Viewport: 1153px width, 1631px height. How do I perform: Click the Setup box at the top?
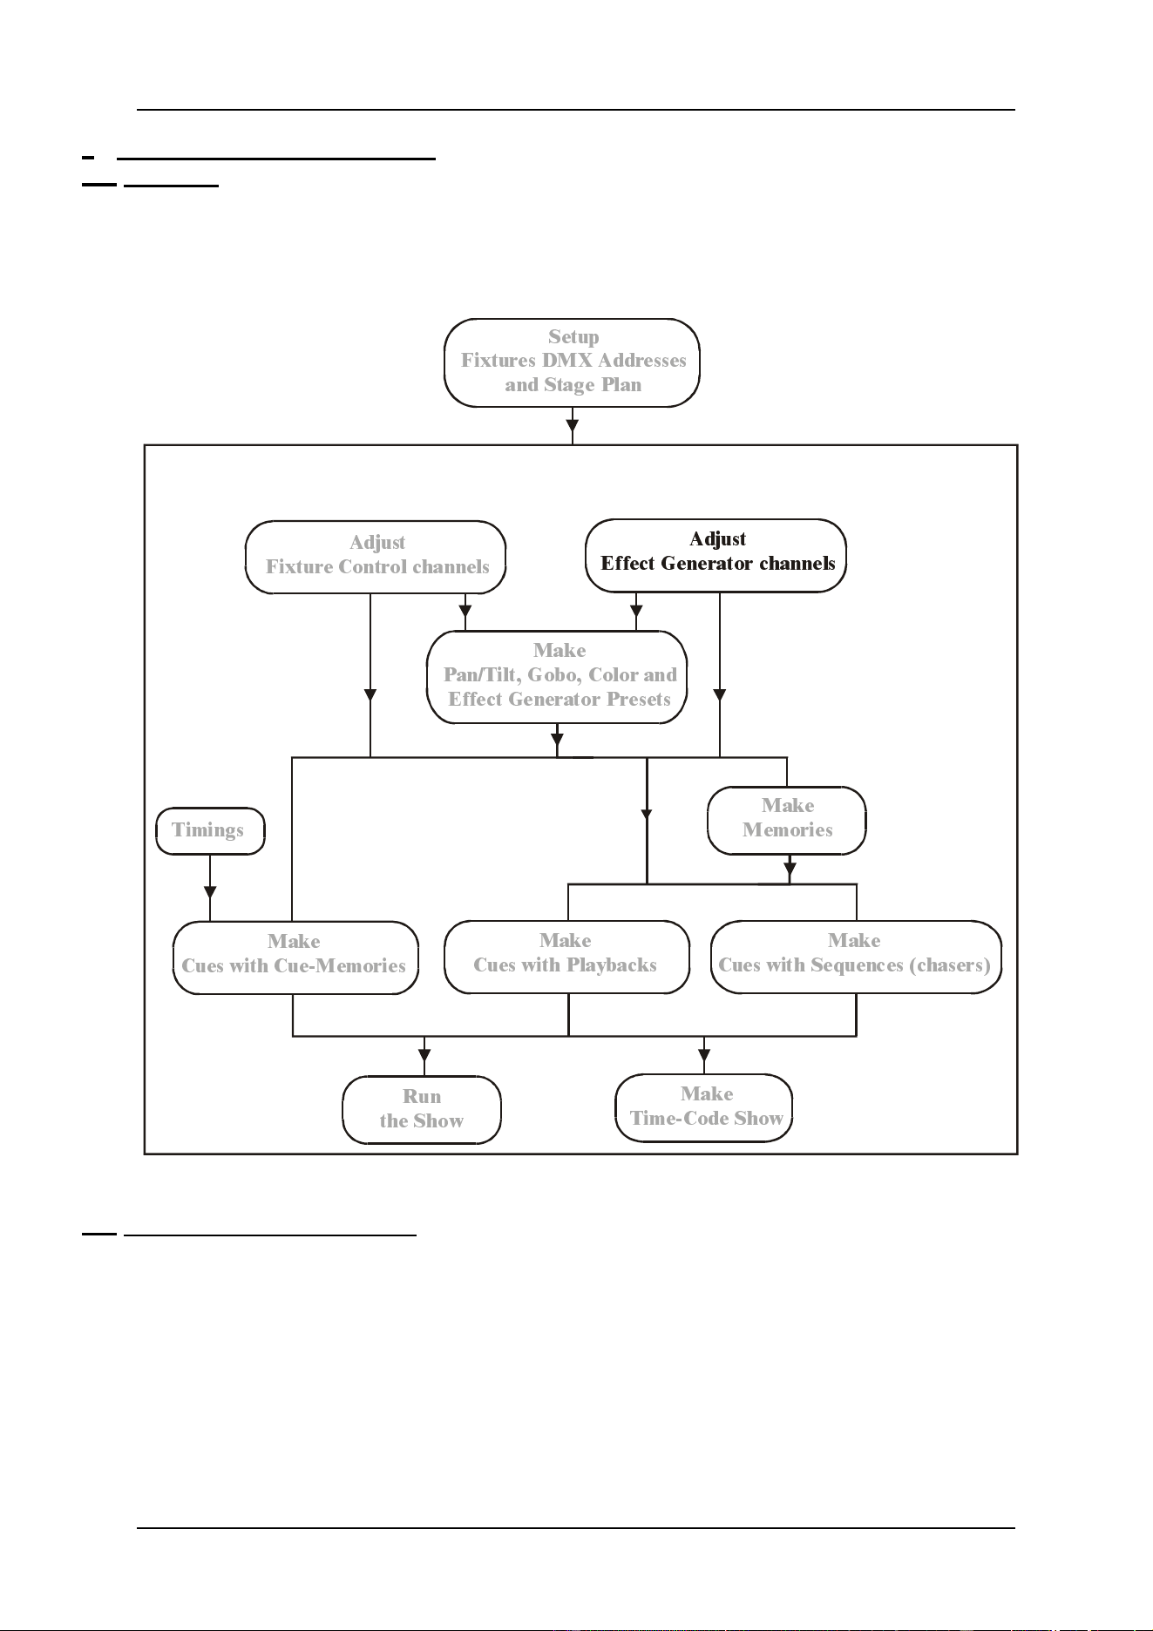(572, 362)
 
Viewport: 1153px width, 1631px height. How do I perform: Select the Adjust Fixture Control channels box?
(376, 557)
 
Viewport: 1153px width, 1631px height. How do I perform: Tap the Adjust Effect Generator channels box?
(716, 555)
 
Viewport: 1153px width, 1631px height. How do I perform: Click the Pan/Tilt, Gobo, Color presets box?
(557, 677)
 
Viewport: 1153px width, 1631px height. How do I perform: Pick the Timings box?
(210, 830)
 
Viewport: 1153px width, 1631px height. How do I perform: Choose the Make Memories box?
(787, 820)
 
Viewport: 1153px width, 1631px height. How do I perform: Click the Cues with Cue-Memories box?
(295, 958)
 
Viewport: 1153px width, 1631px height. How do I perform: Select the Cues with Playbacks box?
(567, 957)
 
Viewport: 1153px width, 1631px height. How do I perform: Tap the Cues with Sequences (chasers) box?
(856, 957)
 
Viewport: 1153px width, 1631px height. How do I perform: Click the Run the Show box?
(422, 1109)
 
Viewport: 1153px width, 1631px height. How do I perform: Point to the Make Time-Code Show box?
(704, 1107)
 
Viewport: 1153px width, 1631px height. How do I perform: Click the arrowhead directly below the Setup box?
(573, 427)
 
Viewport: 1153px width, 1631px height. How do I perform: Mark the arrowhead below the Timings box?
(210, 892)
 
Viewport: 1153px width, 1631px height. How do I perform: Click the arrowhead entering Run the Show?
(424, 1044)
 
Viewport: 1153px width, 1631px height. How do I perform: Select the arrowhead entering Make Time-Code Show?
(704, 1043)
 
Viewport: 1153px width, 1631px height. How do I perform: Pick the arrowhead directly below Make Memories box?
(790, 869)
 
